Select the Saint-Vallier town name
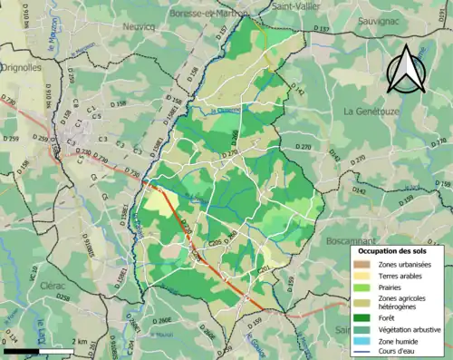pyautogui.click(x=296, y=5)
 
